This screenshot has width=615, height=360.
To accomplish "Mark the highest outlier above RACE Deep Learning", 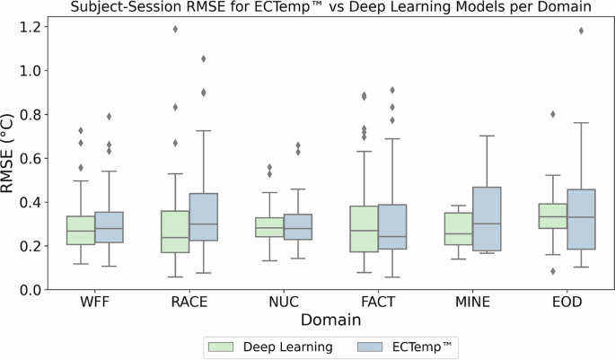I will click(x=174, y=29).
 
